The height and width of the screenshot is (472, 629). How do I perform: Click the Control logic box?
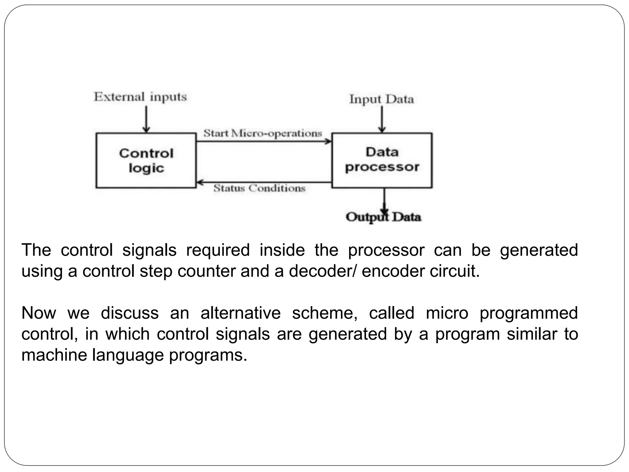(146, 160)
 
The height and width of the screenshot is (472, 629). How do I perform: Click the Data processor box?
(382, 160)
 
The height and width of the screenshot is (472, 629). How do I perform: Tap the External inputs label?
(140, 97)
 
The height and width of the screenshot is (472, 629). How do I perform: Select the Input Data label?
(382, 99)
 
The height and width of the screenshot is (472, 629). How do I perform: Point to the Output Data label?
(383, 217)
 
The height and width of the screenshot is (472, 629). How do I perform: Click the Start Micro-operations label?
(263, 133)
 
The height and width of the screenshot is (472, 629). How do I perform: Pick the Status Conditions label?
(260, 188)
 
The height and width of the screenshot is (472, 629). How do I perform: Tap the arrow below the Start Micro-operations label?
(264, 142)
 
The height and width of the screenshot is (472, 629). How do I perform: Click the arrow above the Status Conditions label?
(264, 183)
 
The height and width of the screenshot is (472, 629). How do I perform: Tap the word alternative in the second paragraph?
(240, 313)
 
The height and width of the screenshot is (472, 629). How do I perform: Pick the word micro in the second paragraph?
(447, 313)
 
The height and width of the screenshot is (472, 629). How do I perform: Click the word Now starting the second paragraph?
(39, 313)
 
